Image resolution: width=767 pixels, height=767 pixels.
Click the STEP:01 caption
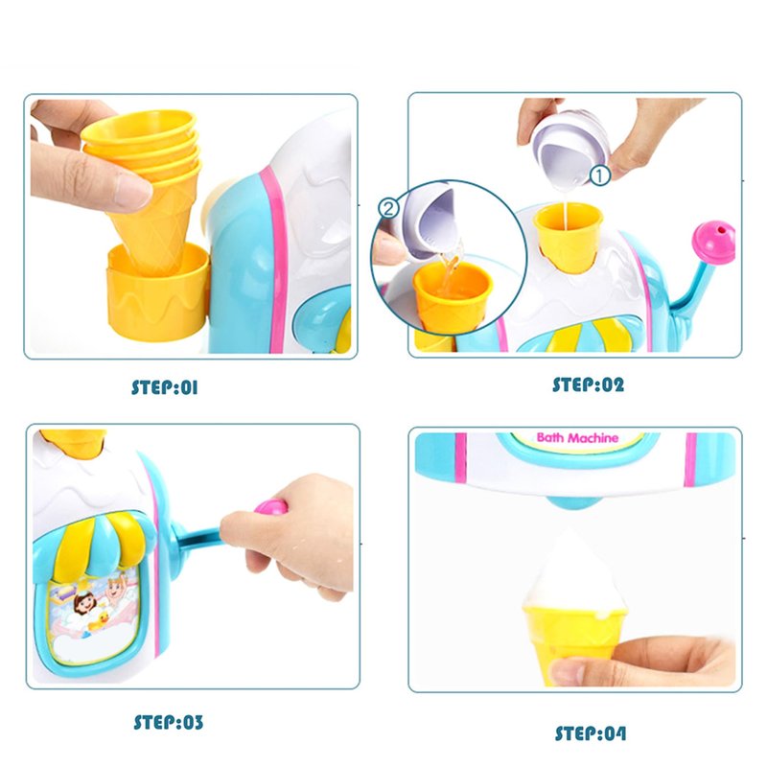point(164,387)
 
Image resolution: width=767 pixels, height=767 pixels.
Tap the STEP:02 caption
point(588,384)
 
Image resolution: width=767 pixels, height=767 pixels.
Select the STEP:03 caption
point(168,722)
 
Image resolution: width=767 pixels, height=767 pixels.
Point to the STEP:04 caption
point(590,733)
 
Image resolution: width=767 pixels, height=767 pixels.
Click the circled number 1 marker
point(600,175)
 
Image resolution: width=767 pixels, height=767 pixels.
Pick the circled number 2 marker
point(389,209)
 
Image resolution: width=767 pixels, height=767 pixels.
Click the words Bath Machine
point(577,438)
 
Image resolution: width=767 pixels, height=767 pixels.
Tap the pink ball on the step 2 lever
point(715,243)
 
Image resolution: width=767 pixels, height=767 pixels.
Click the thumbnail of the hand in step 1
point(133,191)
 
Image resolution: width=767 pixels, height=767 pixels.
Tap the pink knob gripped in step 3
point(270,507)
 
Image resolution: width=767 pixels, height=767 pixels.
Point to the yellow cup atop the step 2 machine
point(568,237)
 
